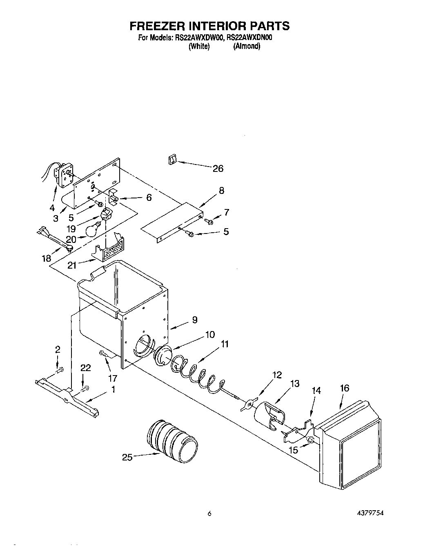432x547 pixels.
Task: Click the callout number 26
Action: click(218, 169)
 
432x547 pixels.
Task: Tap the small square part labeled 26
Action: click(171, 160)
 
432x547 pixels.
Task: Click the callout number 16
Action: click(344, 388)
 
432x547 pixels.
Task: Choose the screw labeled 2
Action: click(60, 370)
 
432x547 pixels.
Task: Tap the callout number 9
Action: click(194, 320)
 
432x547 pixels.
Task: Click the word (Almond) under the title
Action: click(247, 47)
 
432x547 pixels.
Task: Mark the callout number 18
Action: click(46, 258)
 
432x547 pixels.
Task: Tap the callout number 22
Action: click(85, 368)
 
